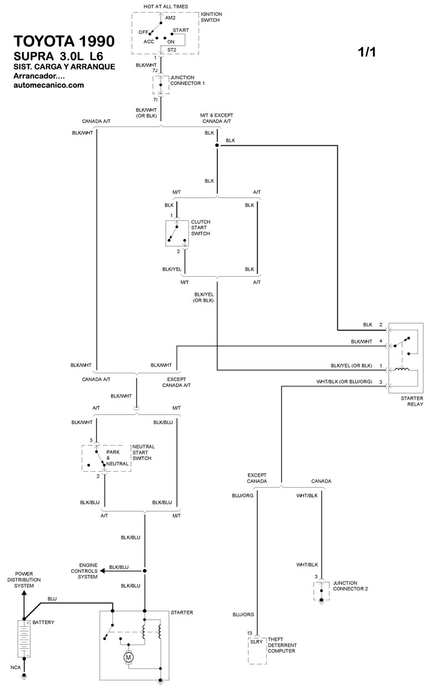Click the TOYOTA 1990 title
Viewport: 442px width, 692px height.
[x=64, y=42]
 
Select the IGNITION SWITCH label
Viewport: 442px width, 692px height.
[x=211, y=17]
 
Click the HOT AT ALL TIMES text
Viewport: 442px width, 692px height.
[x=165, y=7]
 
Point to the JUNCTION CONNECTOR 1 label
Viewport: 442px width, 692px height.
[x=187, y=80]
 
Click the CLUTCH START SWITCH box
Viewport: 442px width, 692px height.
[x=177, y=234]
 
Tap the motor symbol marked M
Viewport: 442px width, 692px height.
[x=129, y=657]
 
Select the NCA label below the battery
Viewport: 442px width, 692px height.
[x=15, y=667]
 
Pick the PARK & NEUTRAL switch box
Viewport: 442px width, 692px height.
[x=107, y=458]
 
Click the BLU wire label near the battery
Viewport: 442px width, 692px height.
[x=52, y=598]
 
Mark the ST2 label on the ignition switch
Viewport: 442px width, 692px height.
[x=172, y=50]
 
